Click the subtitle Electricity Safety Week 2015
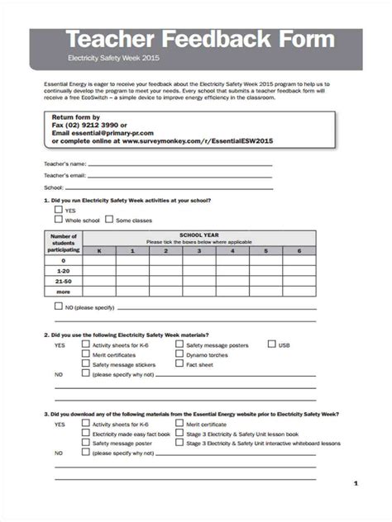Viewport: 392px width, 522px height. pyautogui.click(x=112, y=59)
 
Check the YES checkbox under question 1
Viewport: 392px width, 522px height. pyautogui.click(x=59, y=210)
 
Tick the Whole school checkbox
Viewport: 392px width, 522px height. pyautogui.click(x=59, y=220)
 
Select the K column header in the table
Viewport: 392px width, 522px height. pyautogui.click(x=99, y=250)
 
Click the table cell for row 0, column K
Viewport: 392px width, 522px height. pyautogui.click(x=99, y=260)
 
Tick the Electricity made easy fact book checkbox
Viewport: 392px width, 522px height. pyautogui.click(x=85, y=433)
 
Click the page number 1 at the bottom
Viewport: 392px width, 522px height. pyautogui.click(x=355, y=482)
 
